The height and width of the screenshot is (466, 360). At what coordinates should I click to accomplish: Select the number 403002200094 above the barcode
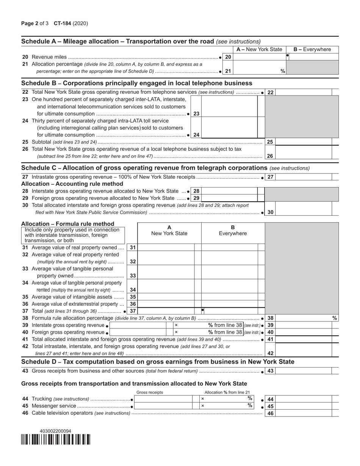tap(55, 431)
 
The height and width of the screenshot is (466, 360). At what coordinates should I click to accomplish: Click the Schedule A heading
tap(117, 41)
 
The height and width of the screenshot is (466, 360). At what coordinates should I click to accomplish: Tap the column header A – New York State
tap(259, 49)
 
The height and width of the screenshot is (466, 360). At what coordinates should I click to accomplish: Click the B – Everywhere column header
tap(312, 49)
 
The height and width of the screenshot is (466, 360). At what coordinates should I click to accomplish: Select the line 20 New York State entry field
tap(259, 57)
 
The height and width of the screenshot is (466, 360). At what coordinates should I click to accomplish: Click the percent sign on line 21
tap(283, 71)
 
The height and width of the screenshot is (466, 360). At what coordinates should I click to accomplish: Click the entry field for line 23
tap(229, 113)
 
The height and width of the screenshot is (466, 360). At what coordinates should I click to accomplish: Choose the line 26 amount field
tap(303, 156)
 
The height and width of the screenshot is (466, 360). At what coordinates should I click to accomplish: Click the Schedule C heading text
tap(144, 168)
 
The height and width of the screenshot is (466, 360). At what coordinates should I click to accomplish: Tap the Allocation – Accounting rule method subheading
tap(72, 184)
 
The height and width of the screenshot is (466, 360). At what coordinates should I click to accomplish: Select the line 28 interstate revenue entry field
tap(229, 191)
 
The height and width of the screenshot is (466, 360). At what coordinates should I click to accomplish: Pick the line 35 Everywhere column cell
tap(229, 297)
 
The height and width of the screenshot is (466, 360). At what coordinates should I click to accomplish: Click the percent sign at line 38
tap(335, 318)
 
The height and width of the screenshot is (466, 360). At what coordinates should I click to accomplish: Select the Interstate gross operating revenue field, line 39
tap(138, 325)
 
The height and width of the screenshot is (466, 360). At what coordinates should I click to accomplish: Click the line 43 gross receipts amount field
tap(303, 371)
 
